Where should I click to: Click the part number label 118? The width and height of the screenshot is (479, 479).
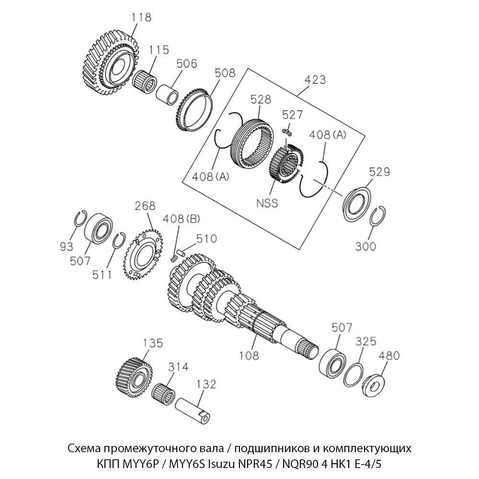pyautogui.click(x=141, y=18)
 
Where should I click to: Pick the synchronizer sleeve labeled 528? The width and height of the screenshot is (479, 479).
pyautogui.click(x=252, y=141)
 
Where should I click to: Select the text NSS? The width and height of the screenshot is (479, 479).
pyautogui.click(x=267, y=203)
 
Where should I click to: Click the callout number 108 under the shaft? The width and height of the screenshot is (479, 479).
pyautogui.click(x=249, y=355)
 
